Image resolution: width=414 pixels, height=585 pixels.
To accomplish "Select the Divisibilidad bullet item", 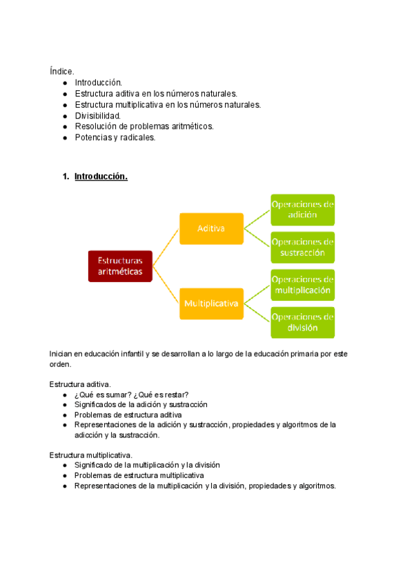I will [x=97, y=115].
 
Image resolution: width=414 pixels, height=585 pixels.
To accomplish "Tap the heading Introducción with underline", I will [x=101, y=177].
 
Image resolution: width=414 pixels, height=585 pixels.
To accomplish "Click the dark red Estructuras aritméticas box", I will [x=120, y=266].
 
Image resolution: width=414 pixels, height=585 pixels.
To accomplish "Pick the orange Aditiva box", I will [x=211, y=228].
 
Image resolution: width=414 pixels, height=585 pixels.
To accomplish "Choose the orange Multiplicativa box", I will [x=211, y=304].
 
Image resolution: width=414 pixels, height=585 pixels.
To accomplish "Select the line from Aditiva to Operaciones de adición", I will [x=256, y=219].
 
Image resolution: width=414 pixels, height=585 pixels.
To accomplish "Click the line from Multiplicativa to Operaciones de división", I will [x=256, y=313].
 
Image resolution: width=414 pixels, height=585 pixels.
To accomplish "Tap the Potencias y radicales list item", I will [x=115, y=137].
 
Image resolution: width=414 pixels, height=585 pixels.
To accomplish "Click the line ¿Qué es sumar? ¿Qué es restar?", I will [x=131, y=395].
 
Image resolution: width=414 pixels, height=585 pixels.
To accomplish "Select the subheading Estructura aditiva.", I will [x=80, y=384].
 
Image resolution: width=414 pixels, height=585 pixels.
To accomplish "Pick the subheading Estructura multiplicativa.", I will [x=90, y=455].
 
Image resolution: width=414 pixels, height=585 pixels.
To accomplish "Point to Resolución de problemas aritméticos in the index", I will [x=144, y=126].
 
